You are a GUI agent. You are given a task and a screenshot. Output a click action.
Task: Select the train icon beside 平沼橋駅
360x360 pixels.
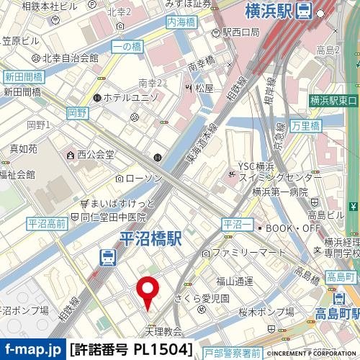click(107, 256)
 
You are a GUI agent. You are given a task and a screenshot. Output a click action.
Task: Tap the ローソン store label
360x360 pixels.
click(144, 177)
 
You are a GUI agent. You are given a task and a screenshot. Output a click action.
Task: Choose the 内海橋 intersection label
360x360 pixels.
click(181, 23)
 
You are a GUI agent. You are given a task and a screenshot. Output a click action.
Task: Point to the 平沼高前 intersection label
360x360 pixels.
click(47, 224)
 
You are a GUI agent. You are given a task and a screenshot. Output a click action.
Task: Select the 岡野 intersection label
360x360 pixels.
click(77, 112)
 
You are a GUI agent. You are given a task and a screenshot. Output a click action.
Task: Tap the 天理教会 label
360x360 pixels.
click(163, 332)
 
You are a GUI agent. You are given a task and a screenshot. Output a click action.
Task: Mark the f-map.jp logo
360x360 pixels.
click(32, 350)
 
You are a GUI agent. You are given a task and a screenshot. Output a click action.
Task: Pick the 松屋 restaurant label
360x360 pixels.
click(204, 88)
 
